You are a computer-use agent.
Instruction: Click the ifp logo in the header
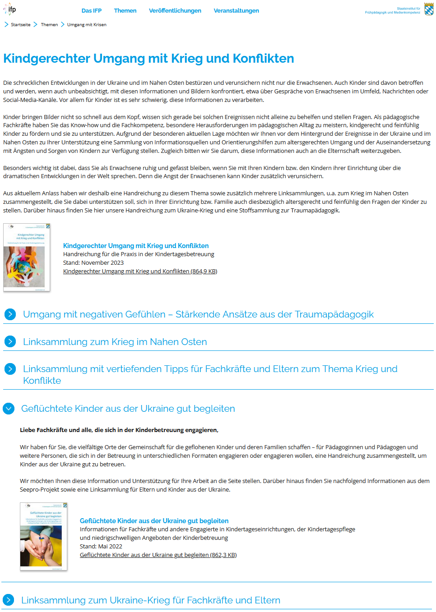point(10,9)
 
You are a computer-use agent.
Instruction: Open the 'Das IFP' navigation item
point(91,11)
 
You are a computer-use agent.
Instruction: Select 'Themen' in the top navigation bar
point(125,11)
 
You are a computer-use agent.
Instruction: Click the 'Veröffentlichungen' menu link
point(175,11)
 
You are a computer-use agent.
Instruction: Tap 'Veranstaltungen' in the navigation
point(236,11)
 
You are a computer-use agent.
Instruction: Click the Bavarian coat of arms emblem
point(429,9)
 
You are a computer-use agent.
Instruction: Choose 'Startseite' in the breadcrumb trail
point(21,25)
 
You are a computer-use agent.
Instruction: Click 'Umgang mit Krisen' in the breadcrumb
point(87,25)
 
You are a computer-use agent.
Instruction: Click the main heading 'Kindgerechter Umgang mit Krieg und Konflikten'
point(148,59)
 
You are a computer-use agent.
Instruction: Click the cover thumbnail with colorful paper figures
point(27,258)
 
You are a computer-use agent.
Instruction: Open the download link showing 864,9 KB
point(140,271)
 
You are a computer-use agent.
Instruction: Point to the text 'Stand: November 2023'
point(93,263)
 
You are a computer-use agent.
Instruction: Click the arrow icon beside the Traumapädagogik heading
point(10,314)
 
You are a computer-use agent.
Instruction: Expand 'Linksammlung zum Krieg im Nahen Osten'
point(115,342)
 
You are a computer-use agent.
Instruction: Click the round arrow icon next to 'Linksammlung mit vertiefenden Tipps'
point(10,369)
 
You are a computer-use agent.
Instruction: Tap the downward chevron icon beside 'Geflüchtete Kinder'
point(9,409)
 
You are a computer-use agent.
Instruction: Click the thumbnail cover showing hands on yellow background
point(43,537)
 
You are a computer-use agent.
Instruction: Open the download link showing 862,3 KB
point(158,555)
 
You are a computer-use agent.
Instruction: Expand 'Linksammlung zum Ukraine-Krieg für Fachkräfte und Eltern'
point(151,600)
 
